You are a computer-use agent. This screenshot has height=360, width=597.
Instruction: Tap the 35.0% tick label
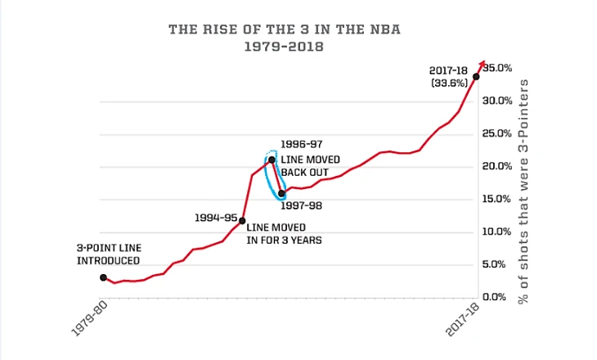498,68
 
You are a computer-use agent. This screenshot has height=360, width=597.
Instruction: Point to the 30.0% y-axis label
498,101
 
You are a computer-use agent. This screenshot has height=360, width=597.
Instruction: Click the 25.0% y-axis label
498,133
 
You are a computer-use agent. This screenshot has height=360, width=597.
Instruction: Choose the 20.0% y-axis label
498,166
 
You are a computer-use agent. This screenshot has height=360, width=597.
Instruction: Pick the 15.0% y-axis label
498,199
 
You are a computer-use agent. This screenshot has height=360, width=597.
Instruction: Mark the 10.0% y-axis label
498,232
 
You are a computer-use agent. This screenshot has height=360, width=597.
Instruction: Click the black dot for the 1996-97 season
272,160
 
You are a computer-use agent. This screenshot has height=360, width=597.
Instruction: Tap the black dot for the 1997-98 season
282,194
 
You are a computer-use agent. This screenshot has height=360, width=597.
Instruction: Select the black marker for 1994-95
242,220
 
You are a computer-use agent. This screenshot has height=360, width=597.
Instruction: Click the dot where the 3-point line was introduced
103,277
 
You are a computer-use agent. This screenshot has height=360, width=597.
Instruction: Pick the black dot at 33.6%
476,77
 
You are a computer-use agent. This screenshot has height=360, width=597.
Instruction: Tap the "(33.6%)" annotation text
450,83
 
